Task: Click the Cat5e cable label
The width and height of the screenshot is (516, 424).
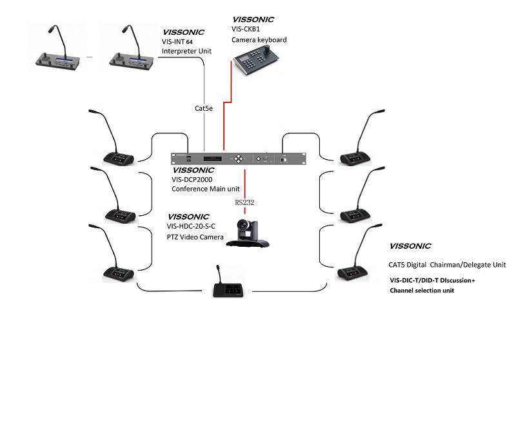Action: (204, 108)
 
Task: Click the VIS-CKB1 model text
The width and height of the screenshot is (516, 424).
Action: (248, 30)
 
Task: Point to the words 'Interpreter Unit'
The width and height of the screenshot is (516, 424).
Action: (187, 51)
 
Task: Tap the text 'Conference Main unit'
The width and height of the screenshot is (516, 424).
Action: (205, 189)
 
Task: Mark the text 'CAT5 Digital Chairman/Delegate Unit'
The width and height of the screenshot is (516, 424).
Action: (447, 265)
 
